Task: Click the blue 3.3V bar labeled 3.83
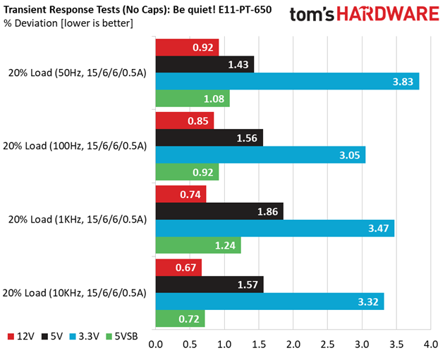(287, 81)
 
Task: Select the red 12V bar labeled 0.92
(187, 48)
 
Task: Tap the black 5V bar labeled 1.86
(219, 211)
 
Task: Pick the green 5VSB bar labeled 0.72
(180, 318)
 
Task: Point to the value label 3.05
(350, 154)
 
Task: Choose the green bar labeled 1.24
(198, 244)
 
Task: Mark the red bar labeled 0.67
(178, 268)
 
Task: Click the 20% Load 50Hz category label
(78, 73)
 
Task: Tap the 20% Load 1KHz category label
(78, 219)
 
